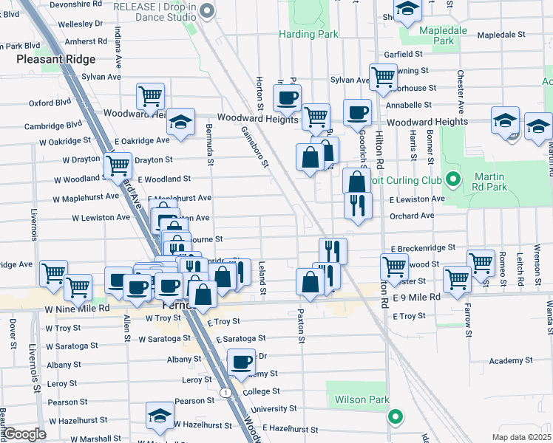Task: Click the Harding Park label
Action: (308, 34)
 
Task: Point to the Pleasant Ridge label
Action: (56, 58)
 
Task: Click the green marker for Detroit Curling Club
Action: (453, 179)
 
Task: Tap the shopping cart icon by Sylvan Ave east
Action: (383, 76)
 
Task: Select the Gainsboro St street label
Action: (254, 146)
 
